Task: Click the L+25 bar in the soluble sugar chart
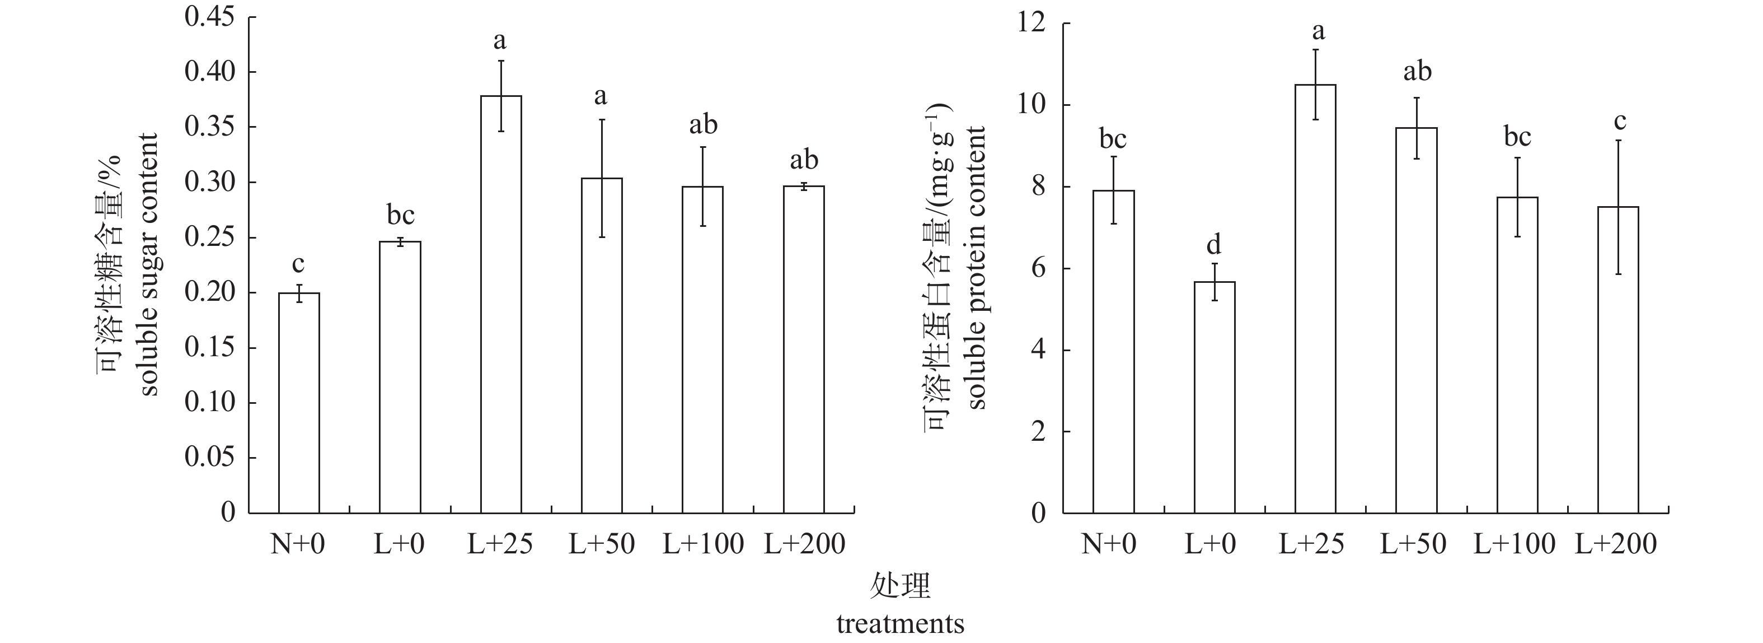[501, 305]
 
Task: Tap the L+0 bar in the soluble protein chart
[1215, 397]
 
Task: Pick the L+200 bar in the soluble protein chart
[1619, 360]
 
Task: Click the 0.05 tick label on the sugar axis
[209, 458]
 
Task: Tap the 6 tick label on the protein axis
[1038, 268]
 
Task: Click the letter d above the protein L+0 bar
[1213, 244]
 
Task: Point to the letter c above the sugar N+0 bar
[298, 264]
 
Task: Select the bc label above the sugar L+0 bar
[400, 215]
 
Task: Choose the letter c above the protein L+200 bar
[1619, 121]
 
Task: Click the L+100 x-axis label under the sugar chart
[703, 544]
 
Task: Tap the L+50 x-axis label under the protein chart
[1413, 544]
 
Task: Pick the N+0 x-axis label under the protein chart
[1109, 544]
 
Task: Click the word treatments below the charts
[900, 624]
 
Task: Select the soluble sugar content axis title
[149, 264]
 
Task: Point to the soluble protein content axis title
[976, 267]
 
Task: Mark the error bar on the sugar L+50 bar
[602, 178]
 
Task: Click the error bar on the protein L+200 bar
[1619, 207]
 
